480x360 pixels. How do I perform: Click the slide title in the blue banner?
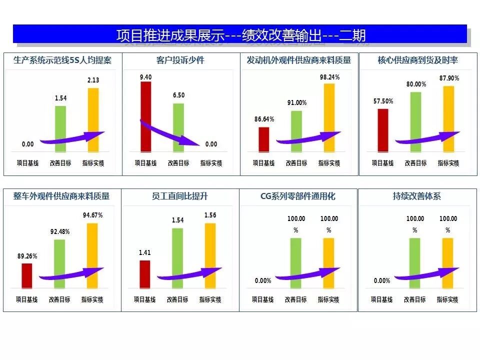click(x=240, y=35)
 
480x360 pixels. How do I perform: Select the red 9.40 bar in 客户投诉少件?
click(x=145, y=116)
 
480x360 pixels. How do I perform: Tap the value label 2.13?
click(x=93, y=80)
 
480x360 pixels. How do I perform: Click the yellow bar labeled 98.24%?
click(x=329, y=117)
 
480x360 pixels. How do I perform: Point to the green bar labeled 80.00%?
click(x=415, y=121)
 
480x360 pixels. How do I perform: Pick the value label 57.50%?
click(x=383, y=101)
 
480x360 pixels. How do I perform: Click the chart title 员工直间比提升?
click(x=180, y=196)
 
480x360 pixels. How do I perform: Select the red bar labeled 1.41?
click(x=144, y=274)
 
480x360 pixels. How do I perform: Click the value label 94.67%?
click(x=92, y=215)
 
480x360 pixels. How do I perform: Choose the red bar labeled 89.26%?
click(x=27, y=275)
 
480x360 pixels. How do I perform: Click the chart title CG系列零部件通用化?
click(x=298, y=196)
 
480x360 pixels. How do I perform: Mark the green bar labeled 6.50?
click(x=178, y=127)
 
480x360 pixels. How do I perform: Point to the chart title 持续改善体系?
click(x=416, y=196)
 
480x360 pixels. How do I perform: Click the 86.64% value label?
click(x=264, y=119)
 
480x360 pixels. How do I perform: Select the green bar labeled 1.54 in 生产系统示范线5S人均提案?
click(x=60, y=128)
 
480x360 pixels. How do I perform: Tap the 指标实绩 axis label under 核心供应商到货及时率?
click(x=448, y=163)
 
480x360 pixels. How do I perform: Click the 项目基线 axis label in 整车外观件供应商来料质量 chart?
click(x=27, y=299)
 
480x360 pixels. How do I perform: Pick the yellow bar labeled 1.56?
click(x=210, y=255)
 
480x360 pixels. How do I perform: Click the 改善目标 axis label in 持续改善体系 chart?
click(x=414, y=299)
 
